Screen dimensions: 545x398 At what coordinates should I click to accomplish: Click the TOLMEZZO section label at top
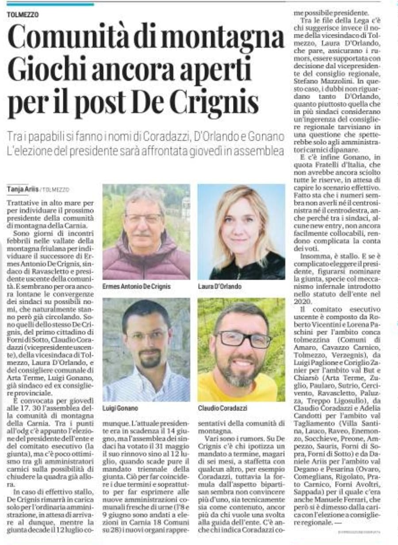tap(23, 15)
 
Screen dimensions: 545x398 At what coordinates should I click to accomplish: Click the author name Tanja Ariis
tap(23, 189)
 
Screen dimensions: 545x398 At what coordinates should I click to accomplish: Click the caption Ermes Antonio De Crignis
tap(136, 287)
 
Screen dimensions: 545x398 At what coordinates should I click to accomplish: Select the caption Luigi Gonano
tap(120, 408)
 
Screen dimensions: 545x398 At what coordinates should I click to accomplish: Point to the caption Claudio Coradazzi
tap(222, 408)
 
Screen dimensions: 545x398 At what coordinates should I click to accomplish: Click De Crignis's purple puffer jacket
tap(146, 263)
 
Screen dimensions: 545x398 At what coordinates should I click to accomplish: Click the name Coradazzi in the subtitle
tap(166, 136)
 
